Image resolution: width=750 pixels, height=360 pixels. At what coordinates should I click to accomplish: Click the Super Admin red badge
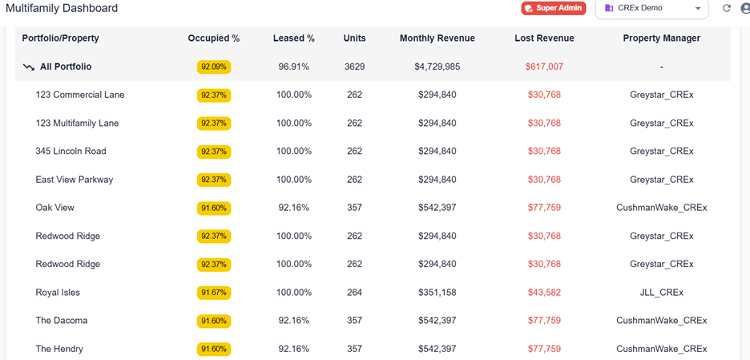pyautogui.click(x=554, y=8)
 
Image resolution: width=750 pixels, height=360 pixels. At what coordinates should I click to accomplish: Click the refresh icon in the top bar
pyautogui.click(x=727, y=8)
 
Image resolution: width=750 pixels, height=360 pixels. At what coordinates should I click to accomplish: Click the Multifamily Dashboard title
pyautogui.click(x=62, y=8)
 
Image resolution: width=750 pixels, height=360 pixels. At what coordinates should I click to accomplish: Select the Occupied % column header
pyautogui.click(x=214, y=38)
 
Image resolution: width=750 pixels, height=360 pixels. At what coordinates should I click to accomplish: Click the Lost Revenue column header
pyautogui.click(x=544, y=38)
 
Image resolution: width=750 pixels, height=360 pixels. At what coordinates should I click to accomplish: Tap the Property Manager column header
pyautogui.click(x=661, y=38)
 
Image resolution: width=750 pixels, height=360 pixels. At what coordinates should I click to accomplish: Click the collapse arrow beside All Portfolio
pyautogui.click(x=29, y=67)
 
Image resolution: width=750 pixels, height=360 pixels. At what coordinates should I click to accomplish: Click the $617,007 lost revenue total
pyautogui.click(x=544, y=67)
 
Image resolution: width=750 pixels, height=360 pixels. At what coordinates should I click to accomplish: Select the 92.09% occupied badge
pyautogui.click(x=214, y=67)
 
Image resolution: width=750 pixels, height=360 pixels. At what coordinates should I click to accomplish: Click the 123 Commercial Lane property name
pyautogui.click(x=80, y=95)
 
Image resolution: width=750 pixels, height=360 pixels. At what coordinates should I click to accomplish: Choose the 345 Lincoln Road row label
pyautogui.click(x=71, y=152)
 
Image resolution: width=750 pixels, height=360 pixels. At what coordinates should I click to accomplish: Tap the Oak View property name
pyautogui.click(x=54, y=208)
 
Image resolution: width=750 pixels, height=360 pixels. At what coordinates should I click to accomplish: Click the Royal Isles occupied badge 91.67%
pyautogui.click(x=214, y=293)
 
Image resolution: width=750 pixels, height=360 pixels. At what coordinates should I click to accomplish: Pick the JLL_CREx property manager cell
pyautogui.click(x=661, y=293)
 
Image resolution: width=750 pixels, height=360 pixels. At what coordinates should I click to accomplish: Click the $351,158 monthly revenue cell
pyautogui.click(x=437, y=293)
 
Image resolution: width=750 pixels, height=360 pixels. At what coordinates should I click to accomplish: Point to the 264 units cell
pyautogui.click(x=354, y=293)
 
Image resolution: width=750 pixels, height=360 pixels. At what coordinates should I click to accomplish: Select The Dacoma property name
pyautogui.click(x=62, y=321)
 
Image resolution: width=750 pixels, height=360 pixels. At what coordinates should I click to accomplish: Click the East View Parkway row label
pyautogui.click(x=75, y=180)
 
